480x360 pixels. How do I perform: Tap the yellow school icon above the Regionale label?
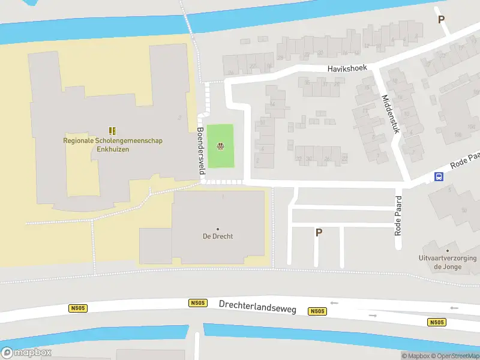coord(112,130)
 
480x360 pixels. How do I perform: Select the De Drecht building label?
coord(217,236)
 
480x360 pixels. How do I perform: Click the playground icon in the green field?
coord(221,145)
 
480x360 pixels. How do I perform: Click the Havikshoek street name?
coord(347,68)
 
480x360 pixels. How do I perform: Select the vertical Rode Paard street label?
coord(398,215)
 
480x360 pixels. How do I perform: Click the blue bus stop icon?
coord(439,176)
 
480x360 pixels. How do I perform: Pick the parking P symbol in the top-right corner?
coord(441,19)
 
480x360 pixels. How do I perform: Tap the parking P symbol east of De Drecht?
coord(319,233)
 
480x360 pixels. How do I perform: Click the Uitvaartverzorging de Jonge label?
coord(448,262)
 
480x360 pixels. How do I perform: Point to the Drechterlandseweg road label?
coord(257,305)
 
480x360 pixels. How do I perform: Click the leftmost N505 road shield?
coord(78,308)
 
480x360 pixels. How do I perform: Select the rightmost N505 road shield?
coord(437,322)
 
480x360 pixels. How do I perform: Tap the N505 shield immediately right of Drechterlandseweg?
coord(317,311)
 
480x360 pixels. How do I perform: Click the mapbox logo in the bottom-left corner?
coord(26,353)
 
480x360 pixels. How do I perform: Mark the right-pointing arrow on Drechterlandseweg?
coord(373,315)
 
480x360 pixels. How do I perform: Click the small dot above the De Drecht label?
coord(217,229)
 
